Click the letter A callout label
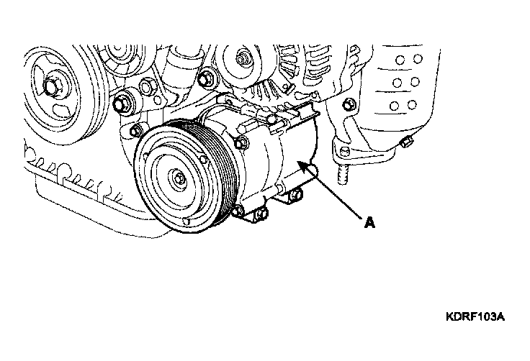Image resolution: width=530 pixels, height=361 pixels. pyautogui.click(x=370, y=223)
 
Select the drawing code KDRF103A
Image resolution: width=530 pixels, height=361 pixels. pyautogui.click(x=475, y=316)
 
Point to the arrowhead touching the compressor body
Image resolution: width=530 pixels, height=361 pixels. pyautogui.click(x=302, y=166)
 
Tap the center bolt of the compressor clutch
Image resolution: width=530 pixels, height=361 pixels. pyautogui.click(x=179, y=178)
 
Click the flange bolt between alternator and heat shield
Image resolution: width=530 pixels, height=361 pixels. pyautogui.click(x=349, y=105)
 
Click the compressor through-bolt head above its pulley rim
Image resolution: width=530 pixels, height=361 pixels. pyautogui.click(x=242, y=144)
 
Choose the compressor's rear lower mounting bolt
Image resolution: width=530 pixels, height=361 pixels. pyautogui.click(x=296, y=194)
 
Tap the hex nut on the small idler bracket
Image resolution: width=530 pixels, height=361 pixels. pyautogui.click(x=146, y=87)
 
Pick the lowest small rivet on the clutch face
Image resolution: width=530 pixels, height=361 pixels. pyautogui.click(x=185, y=221)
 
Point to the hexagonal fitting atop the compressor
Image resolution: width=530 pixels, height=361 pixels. pyautogui.click(x=246, y=128)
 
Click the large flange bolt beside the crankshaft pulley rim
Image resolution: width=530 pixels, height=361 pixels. pyautogui.click(x=121, y=103)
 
